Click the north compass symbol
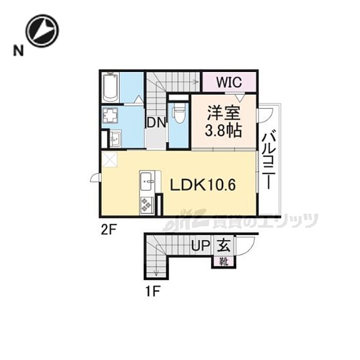pyautogui.click(x=42, y=31)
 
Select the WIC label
pyautogui.click(x=229, y=82)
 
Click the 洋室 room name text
pyautogui.click(x=224, y=113)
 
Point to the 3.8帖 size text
pyautogui.click(x=223, y=130)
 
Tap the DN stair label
pyautogui.click(x=156, y=122)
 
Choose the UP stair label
pyautogui.click(x=201, y=246)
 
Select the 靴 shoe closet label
pyautogui.click(x=223, y=262)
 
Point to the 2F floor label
pyautogui.click(x=109, y=230)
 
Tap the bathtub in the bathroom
pyautogui.click(x=111, y=87)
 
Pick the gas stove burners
pyautogui.click(x=147, y=205)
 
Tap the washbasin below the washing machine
pyautogui.click(x=115, y=138)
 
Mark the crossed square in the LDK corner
pyautogui.click(x=110, y=159)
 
